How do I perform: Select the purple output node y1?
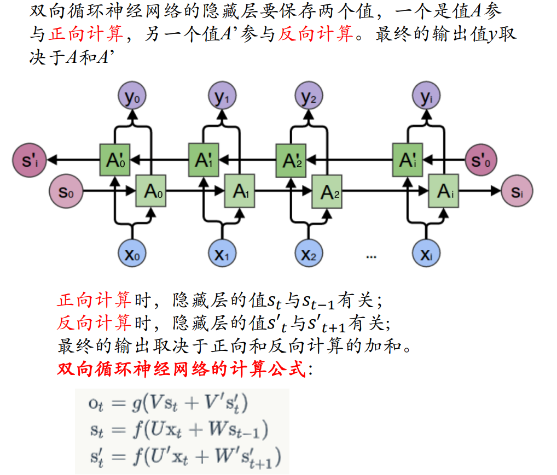(x=222, y=98)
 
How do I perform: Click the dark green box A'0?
(x=115, y=160)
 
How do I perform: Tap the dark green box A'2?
(x=291, y=160)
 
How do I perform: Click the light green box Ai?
(x=443, y=191)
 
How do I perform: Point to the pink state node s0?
(x=65, y=191)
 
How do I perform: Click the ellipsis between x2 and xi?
(x=371, y=256)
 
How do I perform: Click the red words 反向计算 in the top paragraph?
(x=316, y=34)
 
